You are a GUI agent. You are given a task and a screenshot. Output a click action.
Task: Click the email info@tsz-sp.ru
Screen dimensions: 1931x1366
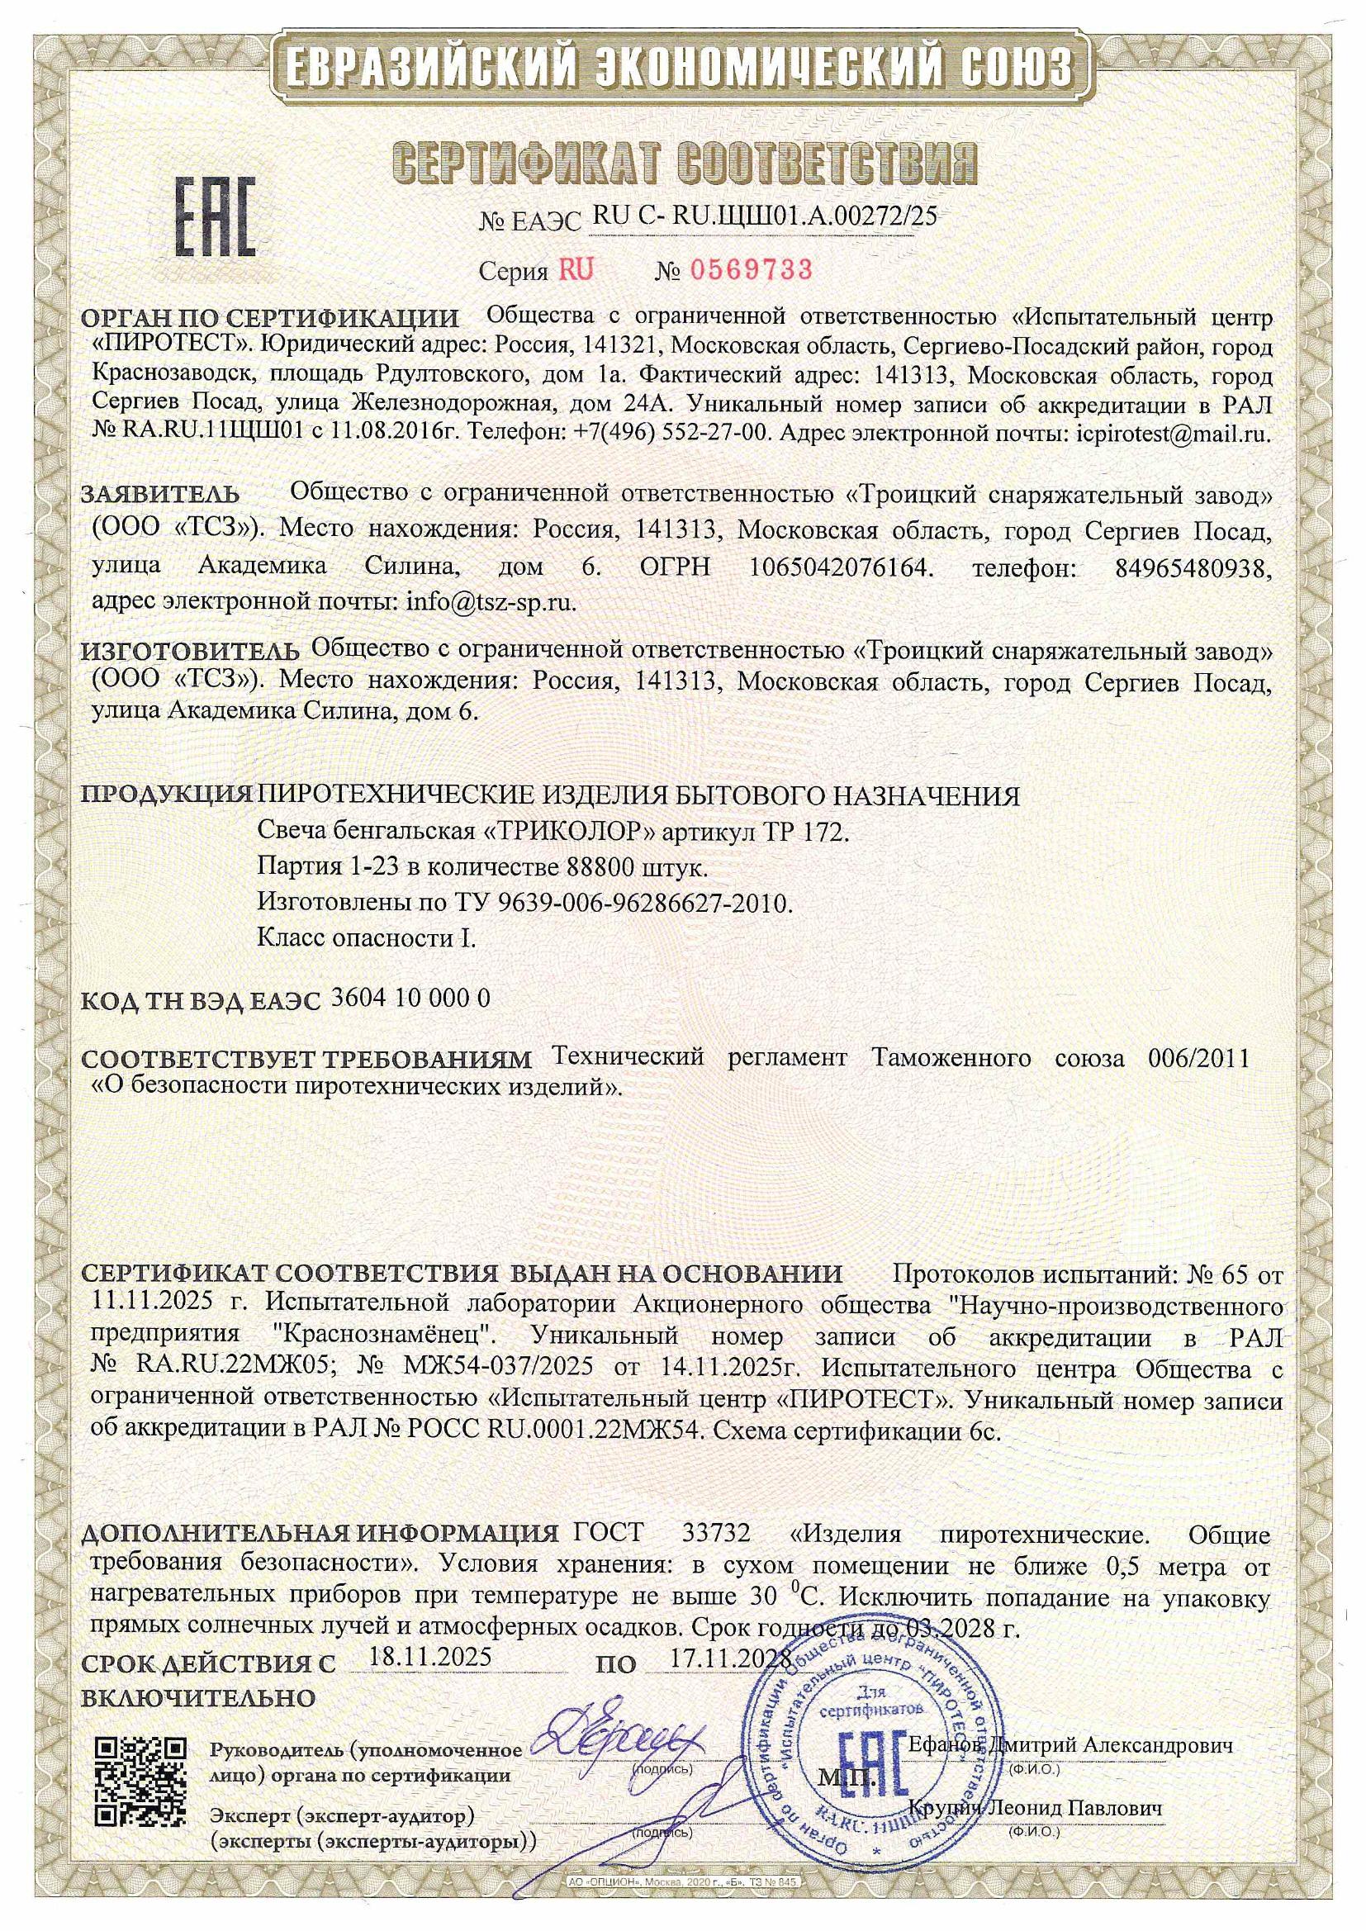[x=491, y=601]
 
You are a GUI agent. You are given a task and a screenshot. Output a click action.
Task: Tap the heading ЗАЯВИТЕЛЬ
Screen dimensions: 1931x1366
[x=160, y=494]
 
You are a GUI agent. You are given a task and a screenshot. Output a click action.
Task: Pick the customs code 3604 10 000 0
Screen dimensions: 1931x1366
[x=411, y=999]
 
